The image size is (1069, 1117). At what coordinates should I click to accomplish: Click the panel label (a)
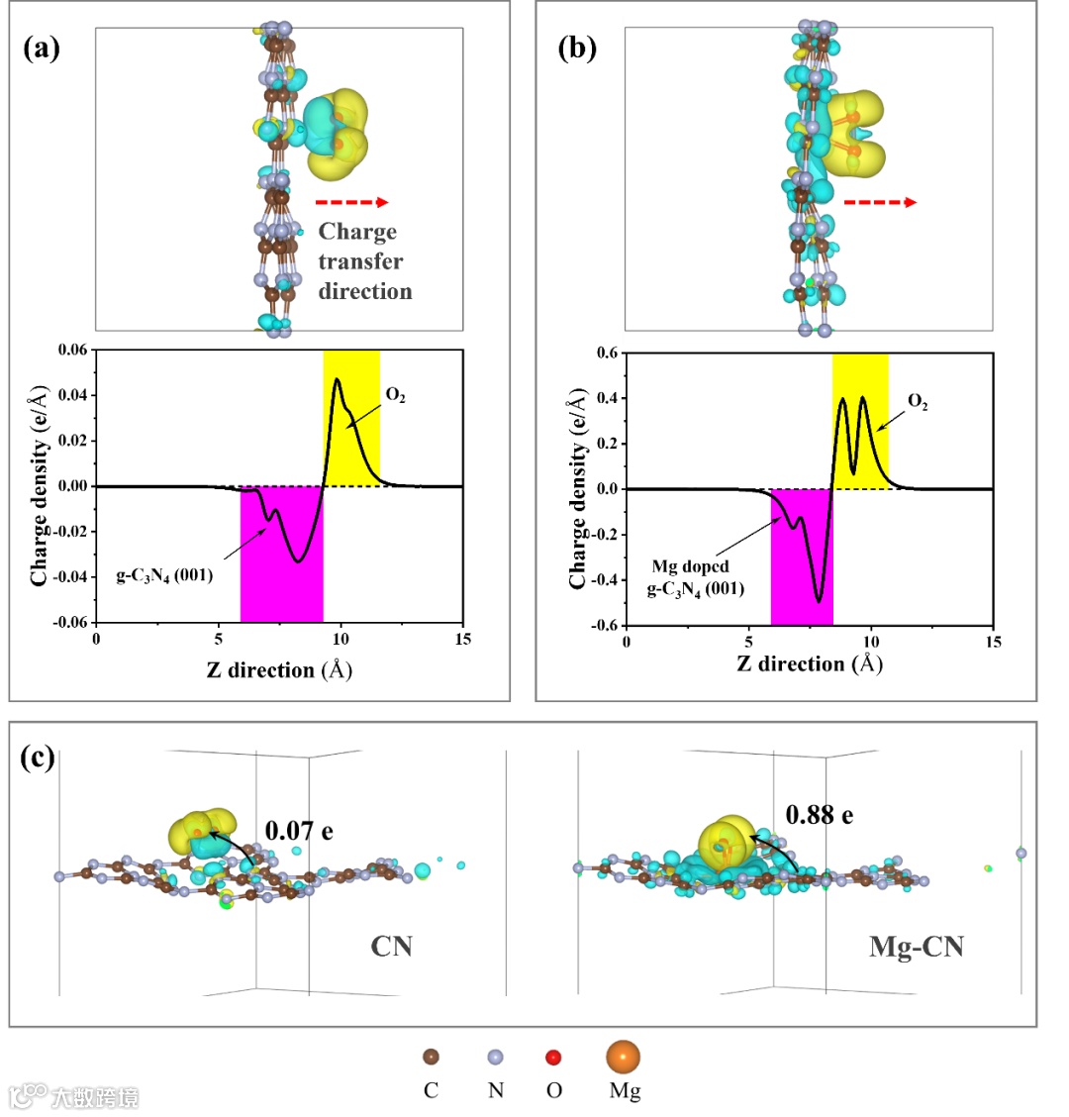click(x=42, y=49)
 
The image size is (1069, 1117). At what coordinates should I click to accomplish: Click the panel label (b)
click(x=577, y=49)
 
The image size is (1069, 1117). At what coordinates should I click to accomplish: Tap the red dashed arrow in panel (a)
click(x=353, y=202)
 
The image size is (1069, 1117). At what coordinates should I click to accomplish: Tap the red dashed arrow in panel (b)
click(x=880, y=202)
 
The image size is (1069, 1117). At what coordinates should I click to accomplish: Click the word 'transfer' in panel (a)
click(x=360, y=261)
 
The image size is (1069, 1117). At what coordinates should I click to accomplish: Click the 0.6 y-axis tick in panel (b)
click(x=605, y=354)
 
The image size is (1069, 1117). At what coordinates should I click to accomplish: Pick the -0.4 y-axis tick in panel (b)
click(x=602, y=580)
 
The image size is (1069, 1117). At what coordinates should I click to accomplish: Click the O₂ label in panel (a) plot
click(x=395, y=396)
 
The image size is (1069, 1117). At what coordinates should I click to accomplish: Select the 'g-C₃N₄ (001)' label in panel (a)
click(x=165, y=574)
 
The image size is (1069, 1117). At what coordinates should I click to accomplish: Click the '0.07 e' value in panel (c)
click(x=298, y=829)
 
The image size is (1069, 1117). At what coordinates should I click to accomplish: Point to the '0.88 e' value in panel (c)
click(x=819, y=815)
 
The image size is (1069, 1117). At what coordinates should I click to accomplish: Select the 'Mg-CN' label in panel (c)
click(x=916, y=947)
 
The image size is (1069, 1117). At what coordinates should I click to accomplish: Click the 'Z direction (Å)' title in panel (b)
click(x=810, y=663)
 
